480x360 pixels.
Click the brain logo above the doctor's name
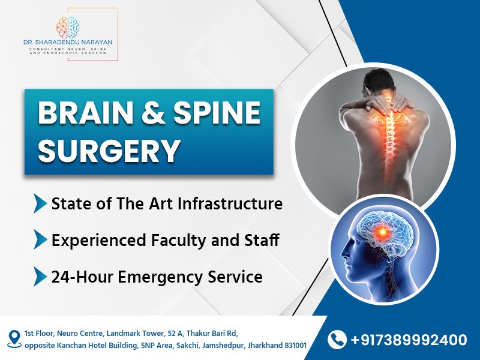click(68, 27)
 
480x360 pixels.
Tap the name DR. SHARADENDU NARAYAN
click(68, 42)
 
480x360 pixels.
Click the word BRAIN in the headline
click(85, 113)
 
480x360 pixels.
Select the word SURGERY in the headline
click(109, 151)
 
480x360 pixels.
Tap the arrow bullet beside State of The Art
click(40, 203)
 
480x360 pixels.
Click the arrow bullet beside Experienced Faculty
click(40, 239)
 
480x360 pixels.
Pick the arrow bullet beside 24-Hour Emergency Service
click(40, 277)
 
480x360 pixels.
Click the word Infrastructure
click(230, 203)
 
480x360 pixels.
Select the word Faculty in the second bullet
click(179, 239)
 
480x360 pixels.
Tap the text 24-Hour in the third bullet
click(82, 277)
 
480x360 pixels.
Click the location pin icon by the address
click(14, 339)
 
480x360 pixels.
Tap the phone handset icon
click(337, 340)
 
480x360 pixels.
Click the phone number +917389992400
click(409, 340)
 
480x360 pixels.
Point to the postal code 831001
click(295, 346)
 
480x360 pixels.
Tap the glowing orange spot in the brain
click(382, 232)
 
